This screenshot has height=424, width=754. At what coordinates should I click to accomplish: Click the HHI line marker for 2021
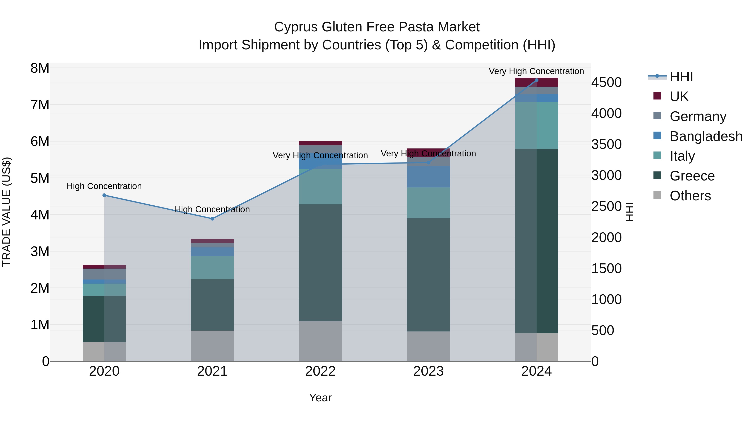[x=212, y=219]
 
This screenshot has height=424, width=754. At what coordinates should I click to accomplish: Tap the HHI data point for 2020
[x=104, y=195]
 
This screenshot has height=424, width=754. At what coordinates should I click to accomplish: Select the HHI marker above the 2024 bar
[x=537, y=80]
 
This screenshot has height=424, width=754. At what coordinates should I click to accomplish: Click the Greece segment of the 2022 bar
[x=320, y=263]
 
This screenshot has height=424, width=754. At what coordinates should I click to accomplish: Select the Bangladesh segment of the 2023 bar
[x=428, y=177]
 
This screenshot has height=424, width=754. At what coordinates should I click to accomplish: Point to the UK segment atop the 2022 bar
[x=320, y=143]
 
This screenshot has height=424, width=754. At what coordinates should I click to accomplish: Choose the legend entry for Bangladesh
[x=706, y=136]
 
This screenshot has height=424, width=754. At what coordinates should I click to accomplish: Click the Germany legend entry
[x=698, y=116]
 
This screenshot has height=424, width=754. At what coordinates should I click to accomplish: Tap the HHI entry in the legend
[x=681, y=77]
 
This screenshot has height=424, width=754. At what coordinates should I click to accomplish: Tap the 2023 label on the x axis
[x=428, y=371]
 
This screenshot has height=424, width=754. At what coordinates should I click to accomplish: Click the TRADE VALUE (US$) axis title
[x=6, y=212]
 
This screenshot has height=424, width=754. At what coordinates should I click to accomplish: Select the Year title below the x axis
[x=320, y=398]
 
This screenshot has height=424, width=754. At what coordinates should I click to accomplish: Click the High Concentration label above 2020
[x=104, y=186]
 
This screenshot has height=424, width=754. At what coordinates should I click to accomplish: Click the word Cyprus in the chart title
[x=296, y=27]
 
